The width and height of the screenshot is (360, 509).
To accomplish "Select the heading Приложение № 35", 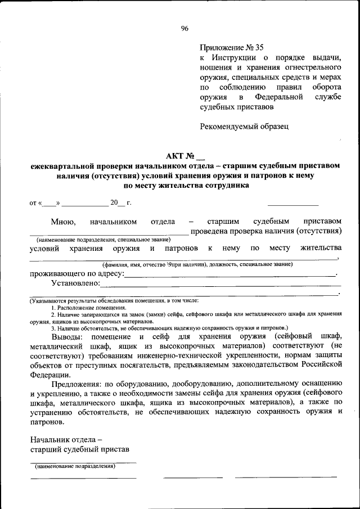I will coord(231,48).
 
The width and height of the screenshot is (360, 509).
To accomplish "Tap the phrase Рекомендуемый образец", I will coord(244,126).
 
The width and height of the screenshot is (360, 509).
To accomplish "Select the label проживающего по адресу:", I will coord(75,274).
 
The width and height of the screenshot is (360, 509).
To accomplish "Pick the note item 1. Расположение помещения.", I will coord(88,308).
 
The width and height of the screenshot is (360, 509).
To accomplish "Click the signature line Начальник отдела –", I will coord(65,439).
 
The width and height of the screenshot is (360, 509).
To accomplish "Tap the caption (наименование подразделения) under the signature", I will coord(75,466).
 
